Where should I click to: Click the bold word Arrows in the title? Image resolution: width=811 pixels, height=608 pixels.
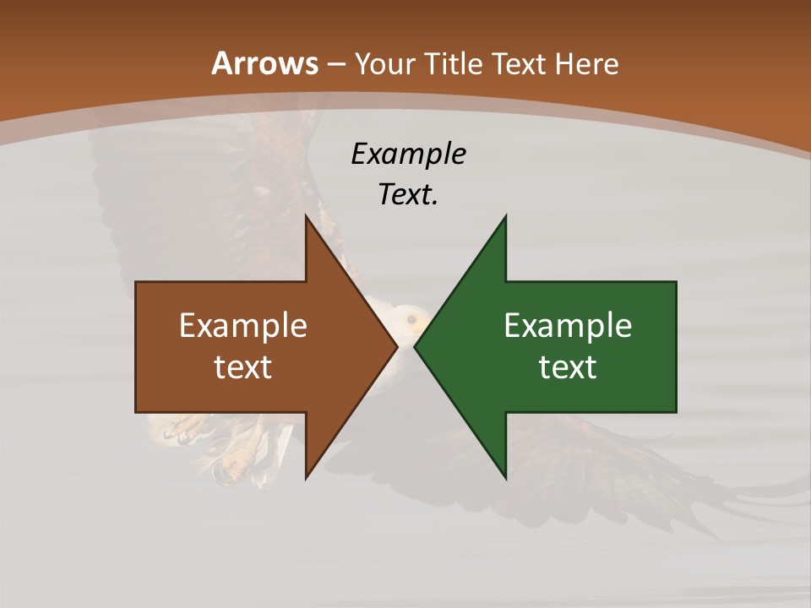click(264, 63)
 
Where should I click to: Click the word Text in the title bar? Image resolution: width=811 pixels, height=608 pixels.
click(519, 64)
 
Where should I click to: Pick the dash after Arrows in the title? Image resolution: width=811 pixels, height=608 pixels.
click(335, 64)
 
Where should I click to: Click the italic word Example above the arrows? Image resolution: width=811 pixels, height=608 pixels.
click(408, 154)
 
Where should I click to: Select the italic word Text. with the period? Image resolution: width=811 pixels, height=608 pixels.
click(408, 194)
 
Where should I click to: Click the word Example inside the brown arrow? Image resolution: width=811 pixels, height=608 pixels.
click(243, 325)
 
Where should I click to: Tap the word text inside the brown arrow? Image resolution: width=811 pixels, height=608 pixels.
click(243, 366)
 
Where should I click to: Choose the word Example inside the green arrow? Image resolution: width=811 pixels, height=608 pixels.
click(568, 325)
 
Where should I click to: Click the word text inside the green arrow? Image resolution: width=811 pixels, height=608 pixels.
click(568, 366)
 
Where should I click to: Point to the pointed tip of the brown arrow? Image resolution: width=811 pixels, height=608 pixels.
click(396, 346)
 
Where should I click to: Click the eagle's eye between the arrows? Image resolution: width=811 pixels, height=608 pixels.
click(411, 319)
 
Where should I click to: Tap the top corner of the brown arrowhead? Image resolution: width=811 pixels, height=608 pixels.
click(307, 216)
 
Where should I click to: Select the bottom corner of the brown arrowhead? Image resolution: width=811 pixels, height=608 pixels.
click(307, 478)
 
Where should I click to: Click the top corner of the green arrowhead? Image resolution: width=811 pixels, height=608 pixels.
click(505, 216)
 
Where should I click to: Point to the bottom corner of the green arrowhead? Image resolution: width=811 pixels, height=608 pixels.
click(505, 478)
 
